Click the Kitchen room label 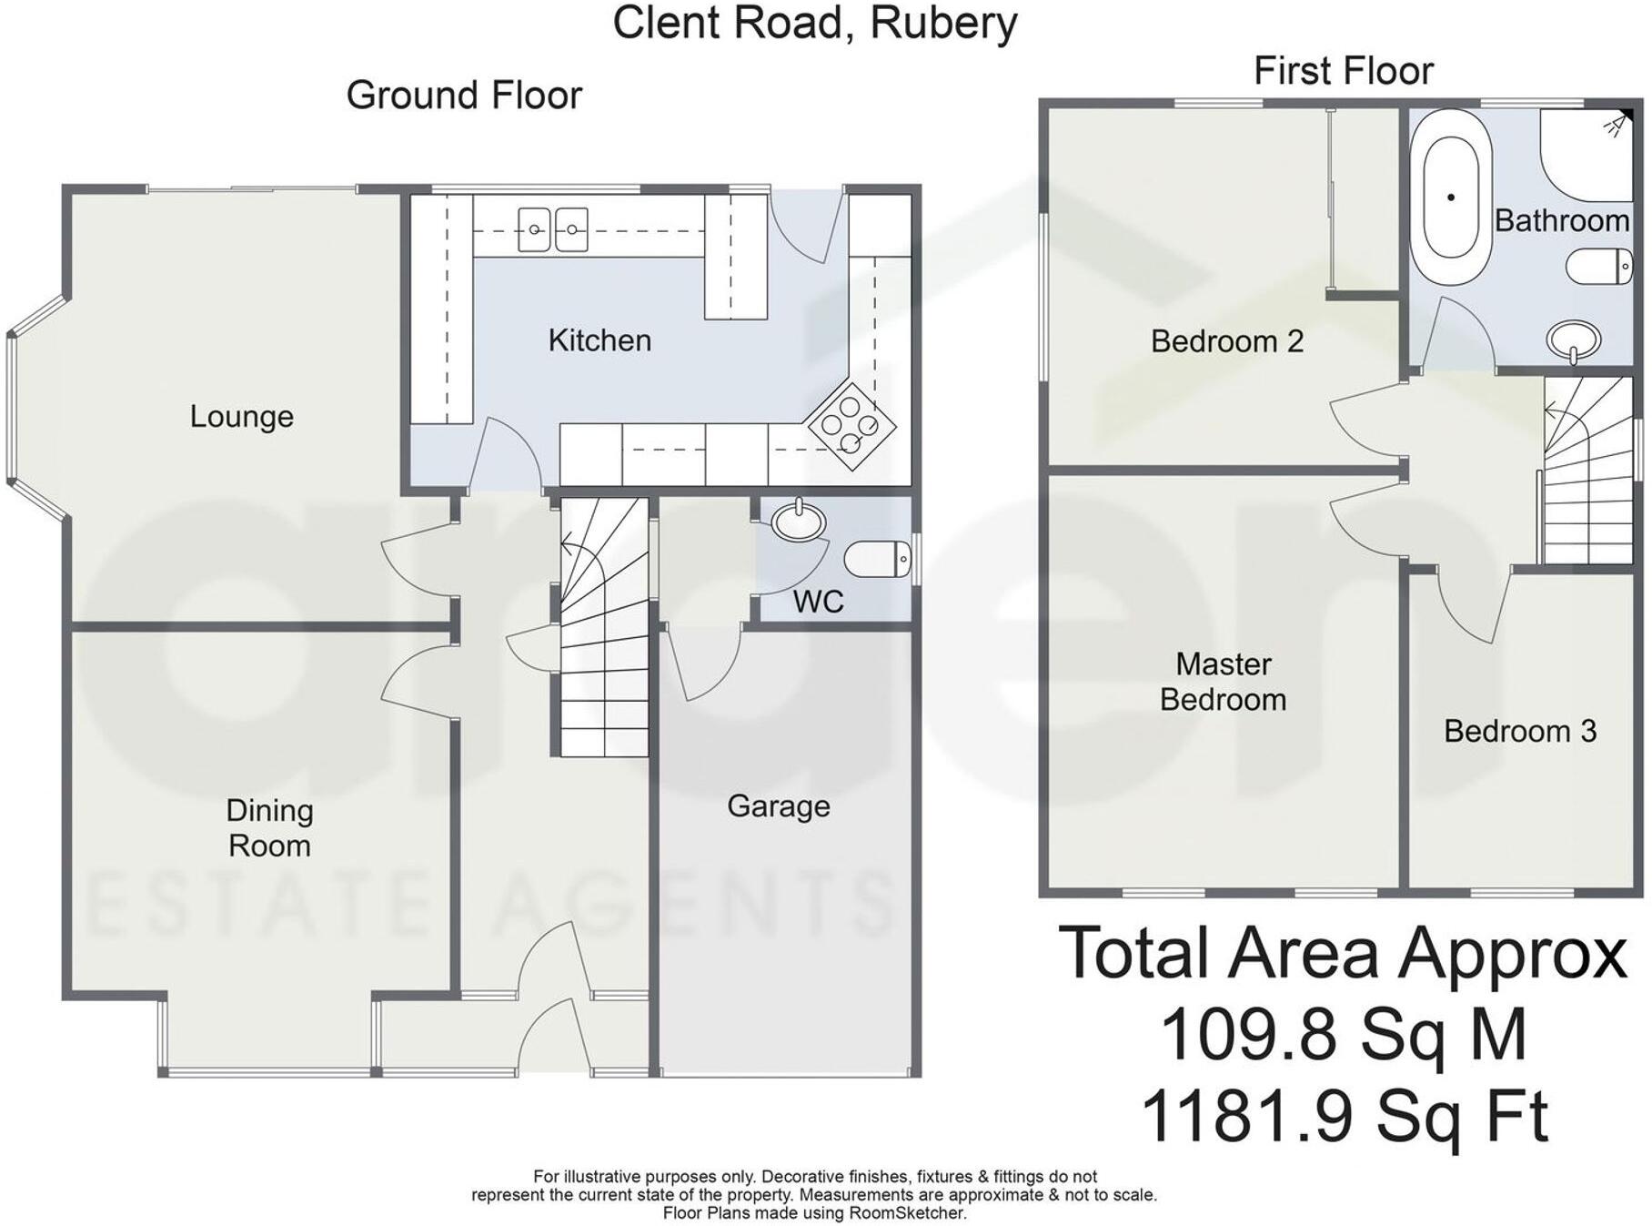pyautogui.click(x=599, y=340)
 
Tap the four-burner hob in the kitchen pyautogui.click(x=851, y=424)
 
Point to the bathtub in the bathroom pyautogui.click(x=1451, y=198)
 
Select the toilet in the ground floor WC pyautogui.click(x=877, y=559)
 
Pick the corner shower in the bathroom pyautogui.click(x=1587, y=153)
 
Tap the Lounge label pyautogui.click(x=241, y=417)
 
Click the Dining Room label pyautogui.click(x=269, y=827)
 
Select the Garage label pyautogui.click(x=778, y=806)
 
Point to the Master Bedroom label pyautogui.click(x=1223, y=682)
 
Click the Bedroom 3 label pyautogui.click(x=1520, y=731)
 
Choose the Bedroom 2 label pyautogui.click(x=1226, y=341)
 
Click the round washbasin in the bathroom pyautogui.click(x=1573, y=339)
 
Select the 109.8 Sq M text pyautogui.click(x=1343, y=1035)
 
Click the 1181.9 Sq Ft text pyautogui.click(x=1343, y=1117)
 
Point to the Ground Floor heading pyautogui.click(x=464, y=96)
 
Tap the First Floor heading pyautogui.click(x=1343, y=71)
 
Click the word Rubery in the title pyautogui.click(x=943, y=23)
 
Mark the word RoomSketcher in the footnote pyautogui.click(x=906, y=1213)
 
